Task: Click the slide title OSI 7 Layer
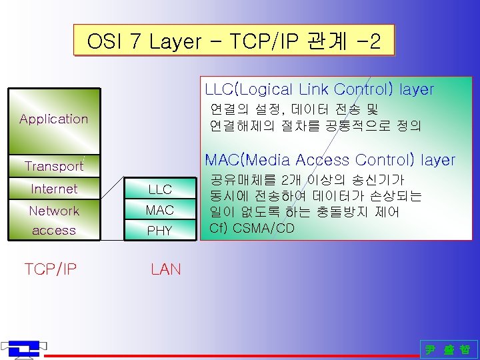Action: [x=233, y=41]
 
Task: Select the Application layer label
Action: [x=53, y=119]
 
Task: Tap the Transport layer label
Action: [x=53, y=166]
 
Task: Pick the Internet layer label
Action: [x=54, y=189]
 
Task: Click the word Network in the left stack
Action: [x=54, y=211]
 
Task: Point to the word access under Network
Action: [x=54, y=231]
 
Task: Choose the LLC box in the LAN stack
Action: [x=160, y=190]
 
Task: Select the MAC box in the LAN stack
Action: [x=160, y=210]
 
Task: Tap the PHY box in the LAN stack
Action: [x=160, y=231]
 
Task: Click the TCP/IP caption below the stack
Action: [x=51, y=269]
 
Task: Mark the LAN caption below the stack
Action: [x=165, y=269]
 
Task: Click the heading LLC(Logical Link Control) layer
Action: [x=319, y=89]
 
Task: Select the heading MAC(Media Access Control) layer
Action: [x=330, y=160]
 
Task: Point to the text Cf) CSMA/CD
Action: [x=252, y=227]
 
